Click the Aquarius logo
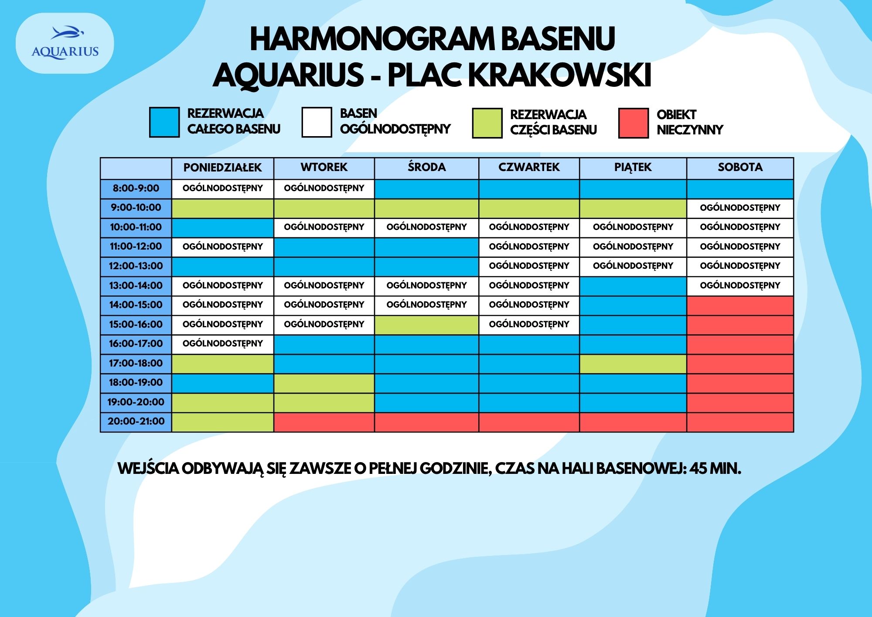click(x=65, y=43)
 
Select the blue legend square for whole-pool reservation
click(x=164, y=123)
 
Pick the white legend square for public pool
click(x=317, y=123)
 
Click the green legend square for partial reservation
click(x=487, y=123)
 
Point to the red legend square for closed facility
click(x=633, y=123)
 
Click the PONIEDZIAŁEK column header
click(x=222, y=168)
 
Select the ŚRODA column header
click(x=426, y=168)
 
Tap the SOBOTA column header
click(x=740, y=168)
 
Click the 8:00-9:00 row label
click(x=136, y=189)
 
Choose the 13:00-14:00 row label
click(x=136, y=286)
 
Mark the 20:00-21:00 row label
click(x=136, y=422)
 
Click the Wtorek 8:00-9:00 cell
click(x=324, y=189)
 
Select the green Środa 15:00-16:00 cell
click(x=426, y=325)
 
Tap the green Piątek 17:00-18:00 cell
click(x=633, y=363)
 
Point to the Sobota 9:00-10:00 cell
click(x=740, y=208)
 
